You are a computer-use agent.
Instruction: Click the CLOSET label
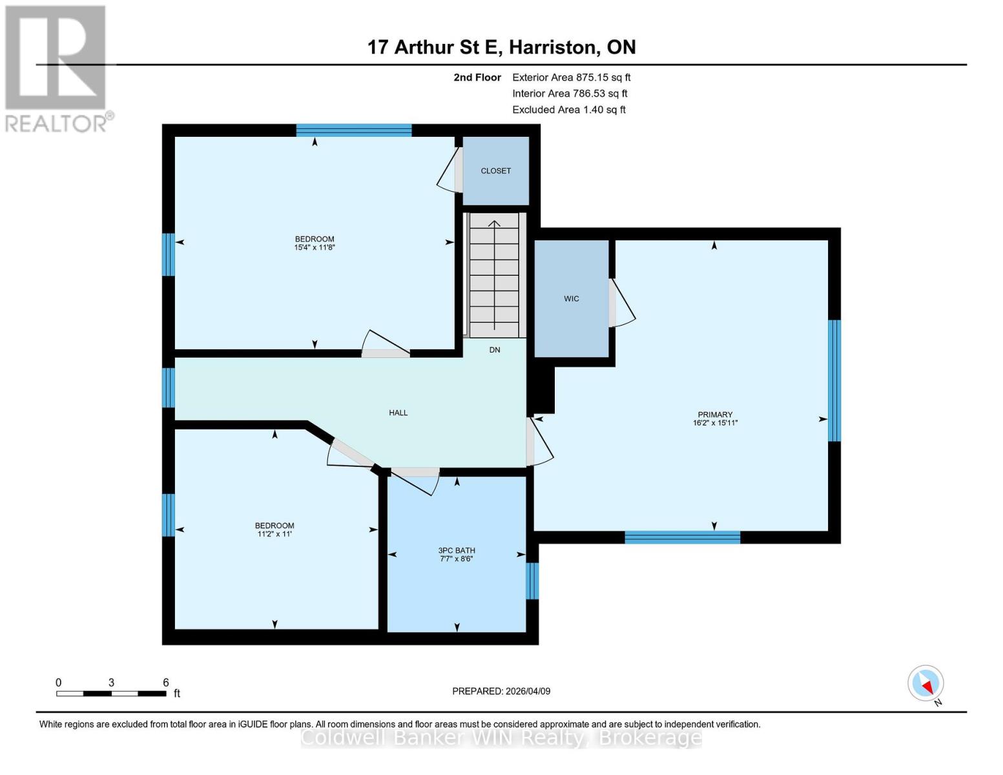[x=495, y=171]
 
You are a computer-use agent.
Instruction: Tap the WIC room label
[x=571, y=299]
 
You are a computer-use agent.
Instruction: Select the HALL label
[x=398, y=413]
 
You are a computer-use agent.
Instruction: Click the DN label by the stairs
[x=495, y=350]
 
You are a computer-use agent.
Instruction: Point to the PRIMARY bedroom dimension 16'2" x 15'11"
[x=715, y=423]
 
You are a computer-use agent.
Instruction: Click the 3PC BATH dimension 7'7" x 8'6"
[x=457, y=559]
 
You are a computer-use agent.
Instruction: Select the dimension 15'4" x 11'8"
[x=315, y=247]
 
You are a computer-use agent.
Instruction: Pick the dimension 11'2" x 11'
[x=274, y=534]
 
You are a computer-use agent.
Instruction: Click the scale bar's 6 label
[x=166, y=683]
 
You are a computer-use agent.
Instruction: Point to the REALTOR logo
[x=57, y=68]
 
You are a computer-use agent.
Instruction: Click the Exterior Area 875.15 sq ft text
[x=571, y=77]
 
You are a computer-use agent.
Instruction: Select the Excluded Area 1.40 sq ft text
[x=568, y=110]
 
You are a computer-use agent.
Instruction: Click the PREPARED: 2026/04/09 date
[x=501, y=691]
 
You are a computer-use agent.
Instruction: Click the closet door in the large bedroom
[x=450, y=170]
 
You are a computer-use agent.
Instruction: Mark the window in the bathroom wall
[x=532, y=581]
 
